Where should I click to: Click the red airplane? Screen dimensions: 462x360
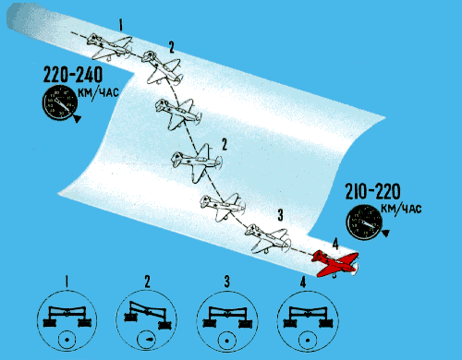[335, 264]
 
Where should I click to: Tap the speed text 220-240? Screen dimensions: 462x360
[73, 75]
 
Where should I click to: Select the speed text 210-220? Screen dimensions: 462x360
[372, 191]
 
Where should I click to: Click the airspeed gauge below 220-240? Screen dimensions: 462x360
[60, 102]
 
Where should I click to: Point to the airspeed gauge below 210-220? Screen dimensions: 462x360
[364, 222]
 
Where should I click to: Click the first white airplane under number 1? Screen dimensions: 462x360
[110, 47]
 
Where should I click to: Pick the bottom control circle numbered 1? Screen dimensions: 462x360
[67, 320]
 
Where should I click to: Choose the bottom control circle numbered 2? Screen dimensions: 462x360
[147, 320]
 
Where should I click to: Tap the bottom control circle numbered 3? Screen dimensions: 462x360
[227, 320]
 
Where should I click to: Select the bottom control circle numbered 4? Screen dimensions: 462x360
[308, 320]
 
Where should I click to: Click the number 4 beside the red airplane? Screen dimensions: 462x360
[335, 245]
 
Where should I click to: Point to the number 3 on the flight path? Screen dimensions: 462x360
[280, 215]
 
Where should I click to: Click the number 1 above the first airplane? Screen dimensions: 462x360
[121, 25]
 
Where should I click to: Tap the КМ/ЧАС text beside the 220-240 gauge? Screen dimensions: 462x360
[98, 91]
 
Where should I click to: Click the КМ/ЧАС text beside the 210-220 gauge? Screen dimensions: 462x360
[401, 209]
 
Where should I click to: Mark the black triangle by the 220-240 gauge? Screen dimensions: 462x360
[77, 118]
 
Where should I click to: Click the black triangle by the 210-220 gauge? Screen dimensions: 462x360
[385, 234]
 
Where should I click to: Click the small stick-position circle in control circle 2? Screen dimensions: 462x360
[147, 340]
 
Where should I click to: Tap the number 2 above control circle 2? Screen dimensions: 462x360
[148, 282]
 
